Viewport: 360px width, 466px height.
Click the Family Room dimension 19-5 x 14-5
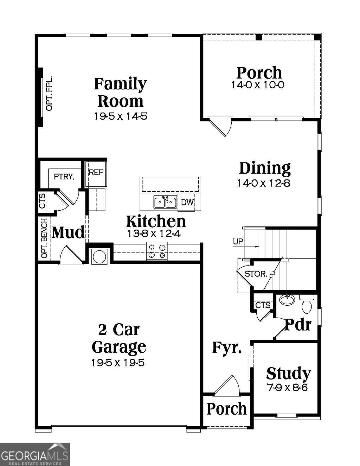pyautogui.click(x=120, y=116)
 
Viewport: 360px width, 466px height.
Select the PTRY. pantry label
pyautogui.click(x=64, y=177)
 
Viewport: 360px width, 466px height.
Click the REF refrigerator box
pyautogui.click(x=96, y=173)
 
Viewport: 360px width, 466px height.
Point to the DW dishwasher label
pyautogui.click(x=187, y=203)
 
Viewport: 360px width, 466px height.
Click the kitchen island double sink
pyautogui.click(x=165, y=202)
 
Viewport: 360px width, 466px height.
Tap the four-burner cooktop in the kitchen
pyautogui.click(x=157, y=251)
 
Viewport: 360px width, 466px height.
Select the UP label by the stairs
pyautogui.click(x=238, y=242)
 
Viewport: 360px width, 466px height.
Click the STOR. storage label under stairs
pyautogui.click(x=256, y=274)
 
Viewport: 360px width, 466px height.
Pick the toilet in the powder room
pyautogui.click(x=307, y=305)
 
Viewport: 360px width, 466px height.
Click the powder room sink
pyautogui.click(x=287, y=300)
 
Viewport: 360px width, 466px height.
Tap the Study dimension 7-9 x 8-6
pyautogui.click(x=288, y=388)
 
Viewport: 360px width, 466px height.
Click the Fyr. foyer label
pyautogui.click(x=227, y=348)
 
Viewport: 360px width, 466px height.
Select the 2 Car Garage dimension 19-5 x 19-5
pyautogui.click(x=118, y=363)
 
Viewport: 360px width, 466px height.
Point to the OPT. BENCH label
pyautogui.click(x=44, y=238)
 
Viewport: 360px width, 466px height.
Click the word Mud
pyautogui.click(x=68, y=233)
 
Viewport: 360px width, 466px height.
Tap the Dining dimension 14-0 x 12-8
pyautogui.click(x=264, y=183)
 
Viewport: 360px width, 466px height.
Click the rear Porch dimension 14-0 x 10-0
pyautogui.click(x=258, y=85)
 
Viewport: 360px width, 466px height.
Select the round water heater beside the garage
pyautogui.click(x=99, y=256)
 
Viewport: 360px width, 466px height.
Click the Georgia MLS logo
pyautogui.click(x=34, y=454)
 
